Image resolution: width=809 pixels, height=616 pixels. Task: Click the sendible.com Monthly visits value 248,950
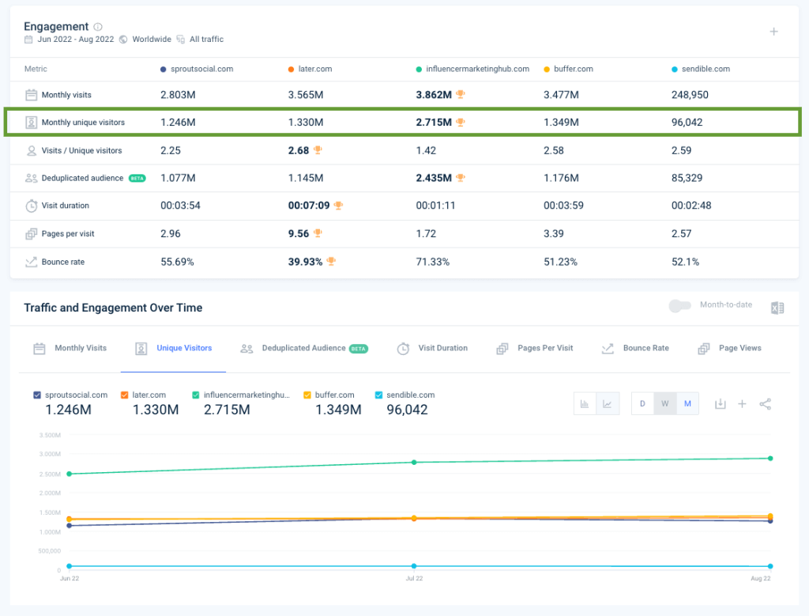690,95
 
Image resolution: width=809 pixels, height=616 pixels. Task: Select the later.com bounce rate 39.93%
305,262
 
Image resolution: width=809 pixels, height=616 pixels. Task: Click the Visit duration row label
65,206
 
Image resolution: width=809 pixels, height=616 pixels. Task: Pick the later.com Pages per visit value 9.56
298,233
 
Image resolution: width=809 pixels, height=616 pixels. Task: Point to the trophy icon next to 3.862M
461,95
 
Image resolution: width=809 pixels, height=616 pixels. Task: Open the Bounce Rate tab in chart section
645,348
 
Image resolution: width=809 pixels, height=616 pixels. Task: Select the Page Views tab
739,348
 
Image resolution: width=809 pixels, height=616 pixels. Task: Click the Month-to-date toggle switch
679,305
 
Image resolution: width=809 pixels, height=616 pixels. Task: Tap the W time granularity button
664,404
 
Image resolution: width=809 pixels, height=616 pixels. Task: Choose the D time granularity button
642,404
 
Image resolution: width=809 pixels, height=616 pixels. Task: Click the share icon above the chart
765,404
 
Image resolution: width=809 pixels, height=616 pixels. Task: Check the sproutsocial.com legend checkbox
37,395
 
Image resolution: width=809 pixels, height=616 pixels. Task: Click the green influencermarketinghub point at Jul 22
413,462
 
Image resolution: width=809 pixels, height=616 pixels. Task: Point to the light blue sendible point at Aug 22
770,566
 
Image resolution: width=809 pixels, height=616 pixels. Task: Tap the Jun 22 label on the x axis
69,579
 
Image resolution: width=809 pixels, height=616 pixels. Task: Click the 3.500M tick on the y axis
49,435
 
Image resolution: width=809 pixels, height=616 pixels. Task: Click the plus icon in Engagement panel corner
773,32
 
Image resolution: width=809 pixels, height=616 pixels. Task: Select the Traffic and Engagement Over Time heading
113,308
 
